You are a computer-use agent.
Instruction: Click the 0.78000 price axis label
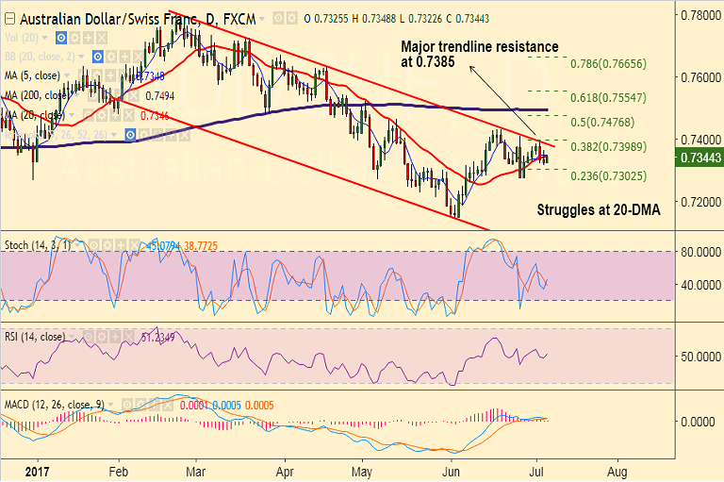699,15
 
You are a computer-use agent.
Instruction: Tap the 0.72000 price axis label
699,202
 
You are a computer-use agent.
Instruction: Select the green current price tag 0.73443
699,158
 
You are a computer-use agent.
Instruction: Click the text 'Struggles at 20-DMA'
598,210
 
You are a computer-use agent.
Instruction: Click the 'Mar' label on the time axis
195,470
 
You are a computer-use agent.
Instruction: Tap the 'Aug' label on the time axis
618,470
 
